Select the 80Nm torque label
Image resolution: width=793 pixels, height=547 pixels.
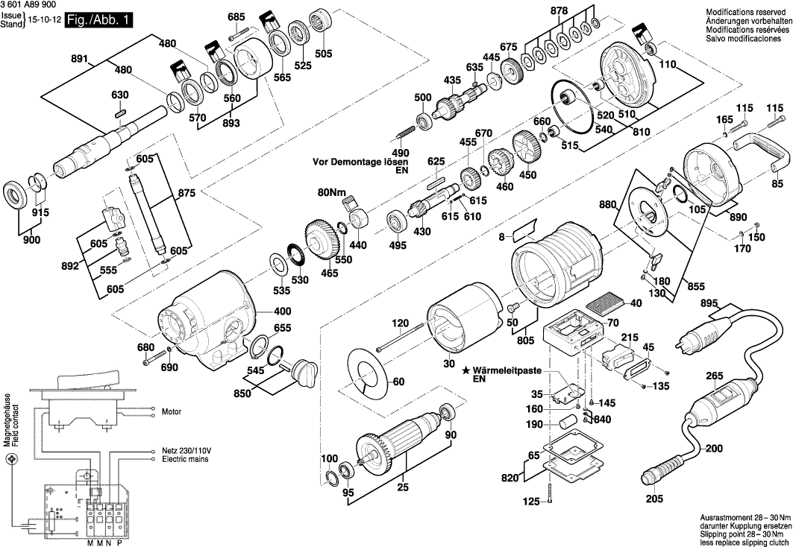(x=329, y=193)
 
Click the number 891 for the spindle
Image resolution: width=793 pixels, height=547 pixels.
(x=80, y=59)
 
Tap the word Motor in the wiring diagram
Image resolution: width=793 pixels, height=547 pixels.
(x=172, y=410)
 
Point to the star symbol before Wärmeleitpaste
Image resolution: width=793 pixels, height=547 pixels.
(x=466, y=370)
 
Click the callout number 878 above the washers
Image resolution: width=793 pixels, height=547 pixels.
(x=579, y=10)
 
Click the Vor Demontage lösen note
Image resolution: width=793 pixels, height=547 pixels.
(x=354, y=161)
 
